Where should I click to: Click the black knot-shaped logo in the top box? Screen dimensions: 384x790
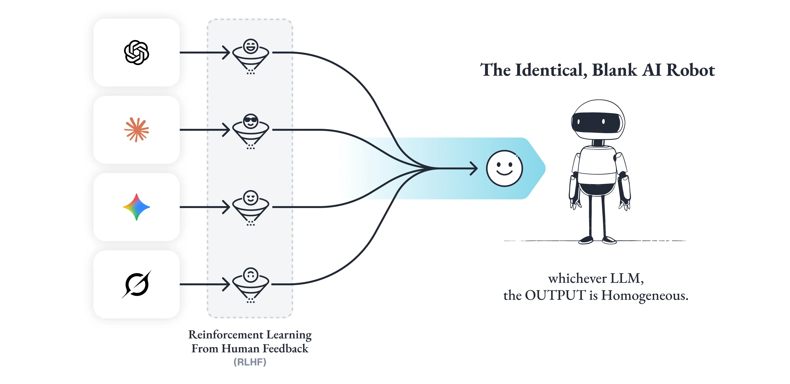137,53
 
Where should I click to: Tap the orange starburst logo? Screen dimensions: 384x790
137,130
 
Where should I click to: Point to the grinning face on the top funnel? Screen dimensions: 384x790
251,46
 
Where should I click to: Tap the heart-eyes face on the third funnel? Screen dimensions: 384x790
251,198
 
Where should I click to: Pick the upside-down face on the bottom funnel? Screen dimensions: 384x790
251,275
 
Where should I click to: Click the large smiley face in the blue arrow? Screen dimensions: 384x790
504,168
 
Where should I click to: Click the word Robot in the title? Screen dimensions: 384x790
691,70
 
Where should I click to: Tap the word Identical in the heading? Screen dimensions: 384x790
549,70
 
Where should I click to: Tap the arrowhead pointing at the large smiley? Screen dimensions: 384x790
475,168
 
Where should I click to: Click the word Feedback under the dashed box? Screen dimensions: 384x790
285,349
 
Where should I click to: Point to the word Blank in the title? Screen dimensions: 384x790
614,70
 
